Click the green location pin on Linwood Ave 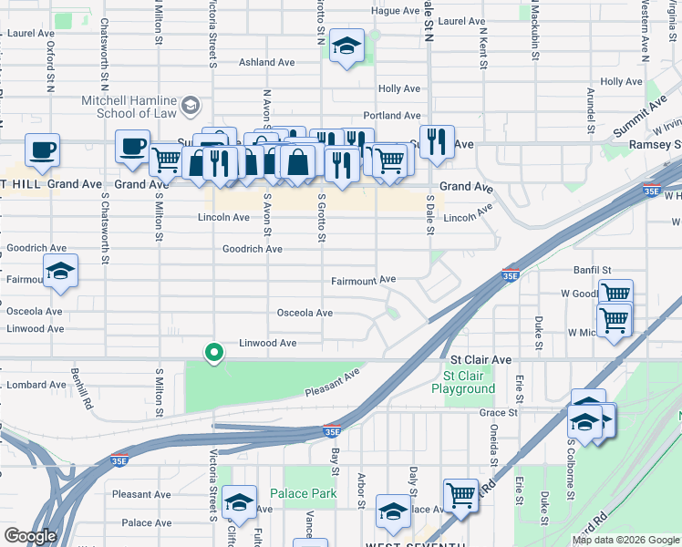click(x=214, y=352)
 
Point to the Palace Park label click(x=310, y=494)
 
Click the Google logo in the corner click(x=30, y=536)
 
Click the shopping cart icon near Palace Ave click(x=461, y=497)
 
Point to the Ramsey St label click(x=655, y=145)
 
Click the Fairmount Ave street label click(x=363, y=279)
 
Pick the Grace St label click(x=498, y=413)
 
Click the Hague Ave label click(x=395, y=11)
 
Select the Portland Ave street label click(x=392, y=116)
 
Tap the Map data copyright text click(x=626, y=540)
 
